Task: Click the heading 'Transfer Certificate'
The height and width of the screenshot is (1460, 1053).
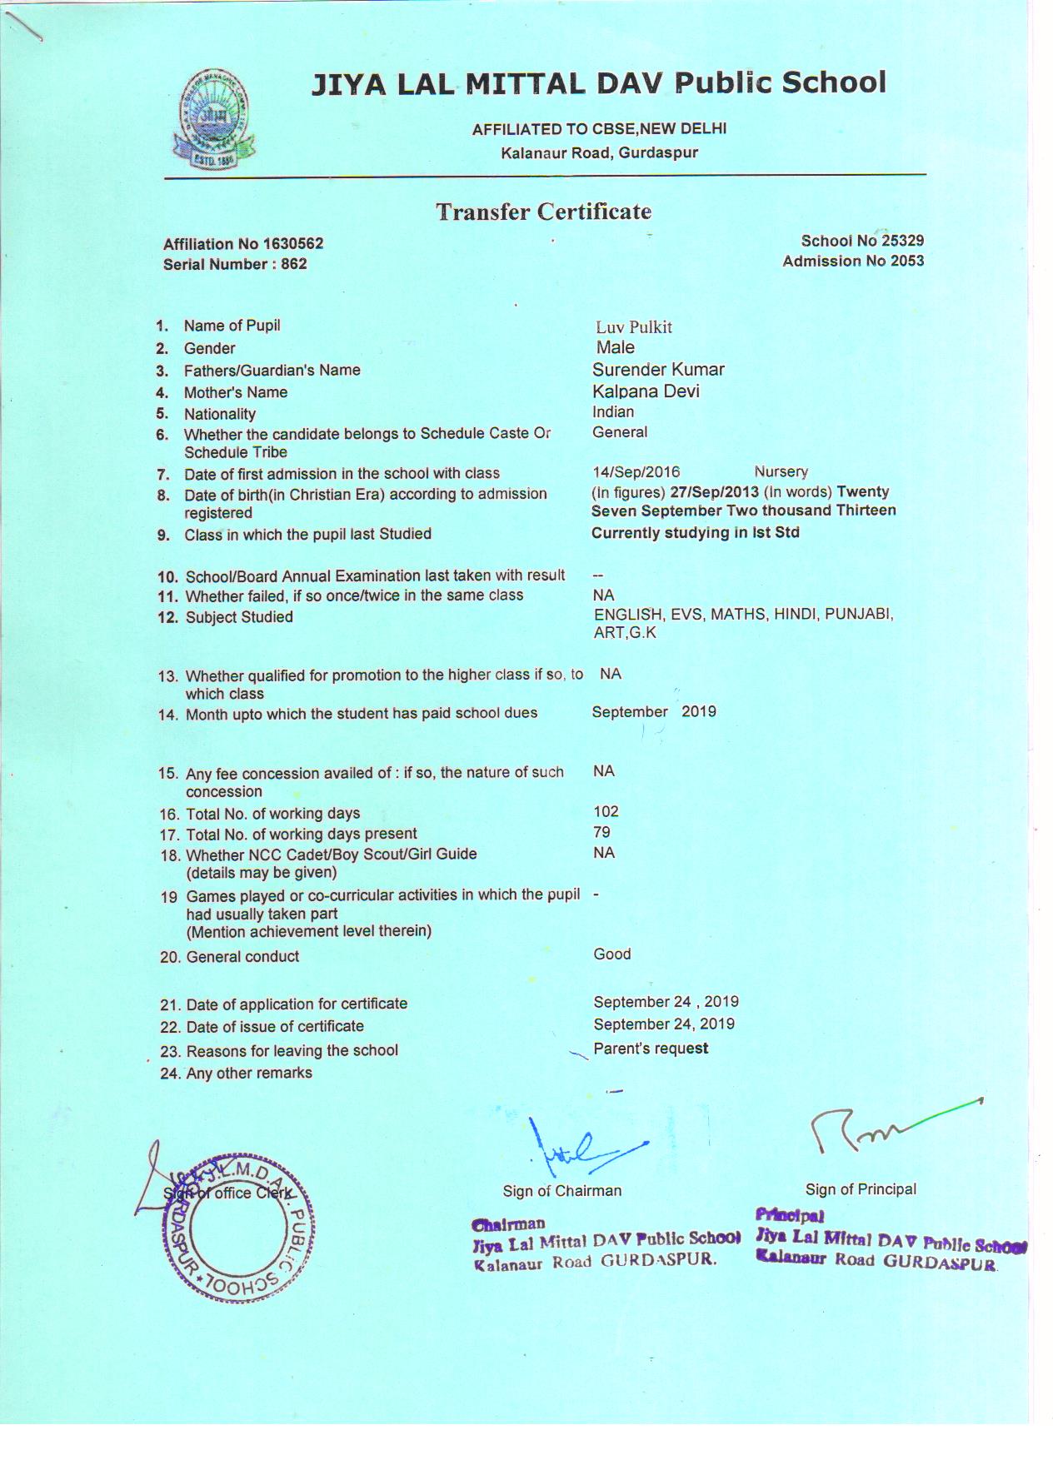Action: pos(543,212)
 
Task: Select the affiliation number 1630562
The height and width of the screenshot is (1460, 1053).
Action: pos(292,244)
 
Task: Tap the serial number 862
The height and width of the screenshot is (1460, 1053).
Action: pos(293,264)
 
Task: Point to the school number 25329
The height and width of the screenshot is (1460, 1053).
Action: pos(902,241)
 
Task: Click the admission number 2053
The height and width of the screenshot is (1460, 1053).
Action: pos(906,261)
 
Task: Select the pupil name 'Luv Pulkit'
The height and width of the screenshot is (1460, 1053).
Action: pos(633,327)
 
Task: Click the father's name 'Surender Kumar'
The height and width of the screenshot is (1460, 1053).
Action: pos(658,369)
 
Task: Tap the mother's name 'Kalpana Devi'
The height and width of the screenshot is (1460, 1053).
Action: pos(646,391)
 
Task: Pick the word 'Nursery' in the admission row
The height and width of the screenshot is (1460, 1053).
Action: pos(781,472)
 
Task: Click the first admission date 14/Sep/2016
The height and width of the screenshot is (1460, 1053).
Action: pos(636,472)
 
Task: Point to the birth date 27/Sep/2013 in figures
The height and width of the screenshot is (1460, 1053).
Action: pos(714,491)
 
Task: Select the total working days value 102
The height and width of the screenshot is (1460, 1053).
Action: pos(606,811)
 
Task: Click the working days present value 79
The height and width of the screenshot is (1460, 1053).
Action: pos(601,832)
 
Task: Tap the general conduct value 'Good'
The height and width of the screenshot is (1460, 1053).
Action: pos(611,954)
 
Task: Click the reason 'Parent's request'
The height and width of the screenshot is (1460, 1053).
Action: pos(651,1049)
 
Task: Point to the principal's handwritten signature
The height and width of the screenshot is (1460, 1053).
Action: pos(883,1129)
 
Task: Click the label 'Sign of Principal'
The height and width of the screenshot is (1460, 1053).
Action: pos(861,1189)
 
